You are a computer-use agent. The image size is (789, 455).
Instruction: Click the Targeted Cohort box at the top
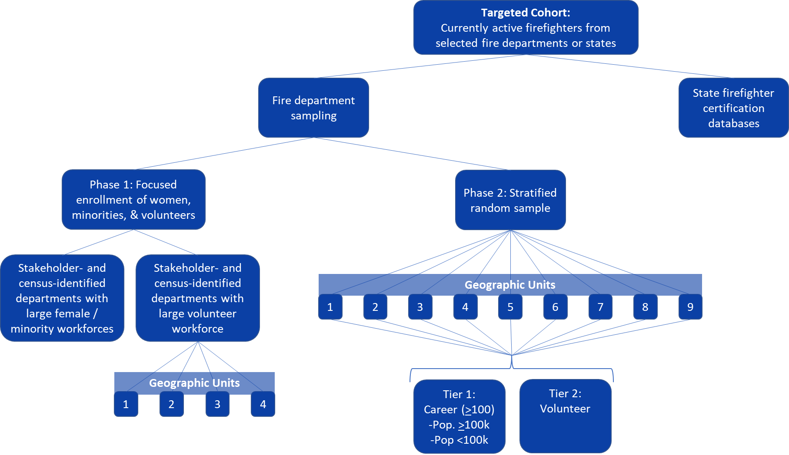(x=526, y=28)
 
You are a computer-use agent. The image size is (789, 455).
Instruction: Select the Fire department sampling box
(x=313, y=108)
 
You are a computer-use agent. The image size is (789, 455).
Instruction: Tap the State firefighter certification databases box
(x=733, y=108)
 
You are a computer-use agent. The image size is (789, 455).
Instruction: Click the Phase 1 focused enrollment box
(x=133, y=199)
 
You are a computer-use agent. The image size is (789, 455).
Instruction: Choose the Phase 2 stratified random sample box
(x=510, y=200)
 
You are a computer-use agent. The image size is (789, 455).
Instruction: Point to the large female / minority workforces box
(x=62, y=298)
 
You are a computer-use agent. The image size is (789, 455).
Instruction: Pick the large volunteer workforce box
(x=197, y=298)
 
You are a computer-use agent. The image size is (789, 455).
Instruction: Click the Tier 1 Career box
(x=459, y=416)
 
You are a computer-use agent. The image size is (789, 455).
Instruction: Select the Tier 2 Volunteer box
(x=565, y=416)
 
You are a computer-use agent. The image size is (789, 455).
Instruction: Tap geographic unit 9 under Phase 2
(x=690, y=307)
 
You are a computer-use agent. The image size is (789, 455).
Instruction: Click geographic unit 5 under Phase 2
(x=510, y=307)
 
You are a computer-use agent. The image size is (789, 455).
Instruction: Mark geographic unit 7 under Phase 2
(x=600, y=307)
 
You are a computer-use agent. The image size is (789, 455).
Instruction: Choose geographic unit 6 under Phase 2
(x=555, y=307)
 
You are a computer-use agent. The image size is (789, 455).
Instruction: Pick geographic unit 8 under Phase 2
(x=645, y=307)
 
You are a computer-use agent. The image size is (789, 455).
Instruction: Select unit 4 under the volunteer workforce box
(x=263, y=404)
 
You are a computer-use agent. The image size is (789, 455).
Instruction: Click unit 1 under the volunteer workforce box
(x=126, y=404)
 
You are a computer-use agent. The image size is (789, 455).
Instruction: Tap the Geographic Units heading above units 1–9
(x=510, y=285)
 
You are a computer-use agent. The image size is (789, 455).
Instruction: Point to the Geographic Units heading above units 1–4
(x=194, y=383)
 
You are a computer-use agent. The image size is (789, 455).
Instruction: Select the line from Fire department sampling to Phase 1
(x=224, y=154)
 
